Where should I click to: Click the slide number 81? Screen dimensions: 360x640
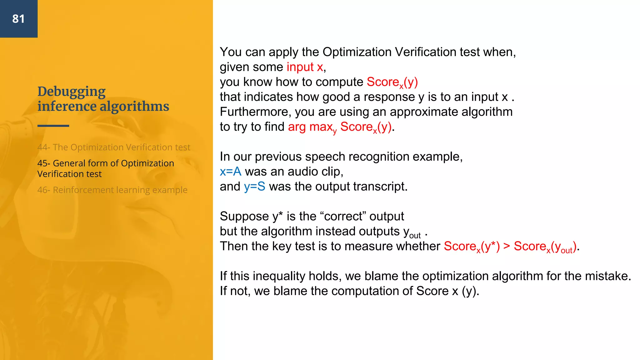(18, 19)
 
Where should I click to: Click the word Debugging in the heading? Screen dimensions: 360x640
(72, 92)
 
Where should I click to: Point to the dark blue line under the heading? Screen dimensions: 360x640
(53, 126)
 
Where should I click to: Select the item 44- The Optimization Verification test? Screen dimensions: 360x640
(114, 147)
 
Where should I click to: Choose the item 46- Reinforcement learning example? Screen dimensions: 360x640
(112, 190)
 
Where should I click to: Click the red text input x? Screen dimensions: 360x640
(305, 67)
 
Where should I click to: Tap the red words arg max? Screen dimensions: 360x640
(310, 127)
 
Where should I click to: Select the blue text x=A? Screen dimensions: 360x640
(230, 172)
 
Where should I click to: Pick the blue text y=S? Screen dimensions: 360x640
(254, 187)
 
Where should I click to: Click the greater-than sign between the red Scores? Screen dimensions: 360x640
(507, 246)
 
